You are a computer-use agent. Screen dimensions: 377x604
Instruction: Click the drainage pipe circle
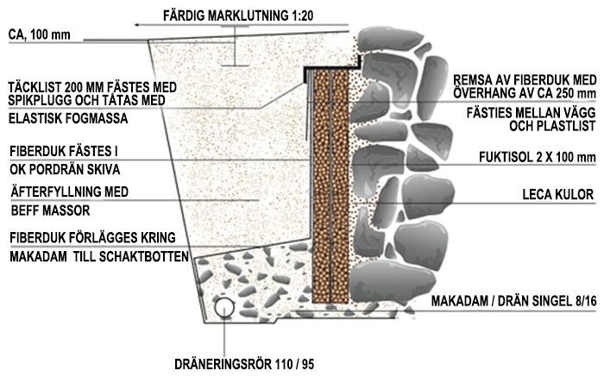pyautogui.click(x=226, y=307)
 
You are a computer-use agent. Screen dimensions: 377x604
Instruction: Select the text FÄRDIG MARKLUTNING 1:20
pyautogui.click(x=238, y=16)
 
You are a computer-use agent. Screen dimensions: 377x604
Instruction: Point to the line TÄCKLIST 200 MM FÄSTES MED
pyautogui.click(x=92, y=86)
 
